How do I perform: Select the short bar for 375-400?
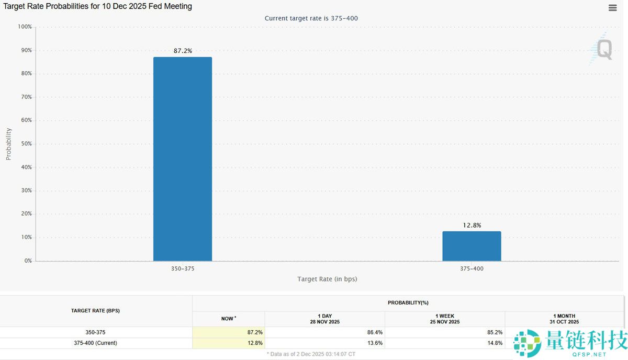coord(472,246)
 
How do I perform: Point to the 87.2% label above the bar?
coord(183,51)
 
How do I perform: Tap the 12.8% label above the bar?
coord(472,226)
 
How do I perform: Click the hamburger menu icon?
coord(612,8)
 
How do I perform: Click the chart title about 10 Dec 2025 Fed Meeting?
coord(98,7)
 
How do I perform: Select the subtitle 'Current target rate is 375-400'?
coord(311,18)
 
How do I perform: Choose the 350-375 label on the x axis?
coord(183,268)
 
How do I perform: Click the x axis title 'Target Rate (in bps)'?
coord(327,279)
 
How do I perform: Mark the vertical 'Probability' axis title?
coord(8,144)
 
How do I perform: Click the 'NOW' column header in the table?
coord(228,319)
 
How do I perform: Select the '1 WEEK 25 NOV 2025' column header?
coord(445,319)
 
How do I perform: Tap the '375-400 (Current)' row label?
coord(95,343)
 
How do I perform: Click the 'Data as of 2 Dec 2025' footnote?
coord(311,354)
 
